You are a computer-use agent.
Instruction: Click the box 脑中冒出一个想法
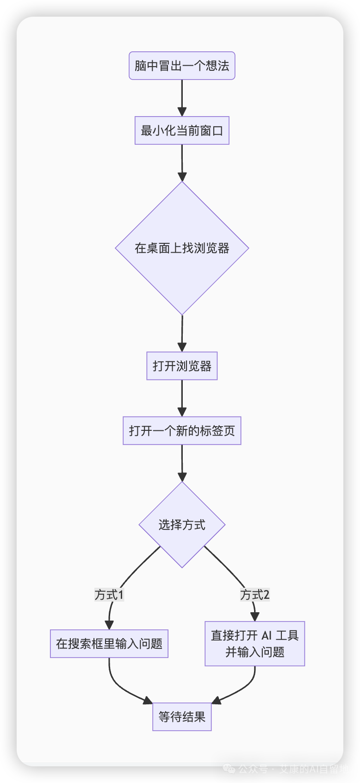(182, 66)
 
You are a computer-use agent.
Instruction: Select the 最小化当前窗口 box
(182, 130)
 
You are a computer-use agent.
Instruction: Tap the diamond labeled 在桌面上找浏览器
(182, 248)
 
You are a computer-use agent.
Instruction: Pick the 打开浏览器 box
(182, 366)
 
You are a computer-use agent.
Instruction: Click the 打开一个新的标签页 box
(182, 431)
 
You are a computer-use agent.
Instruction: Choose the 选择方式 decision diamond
(182, 525)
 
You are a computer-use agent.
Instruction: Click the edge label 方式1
(109, 595)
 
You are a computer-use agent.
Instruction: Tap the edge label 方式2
(254, 595)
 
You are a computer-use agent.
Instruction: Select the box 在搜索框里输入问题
(109, 644)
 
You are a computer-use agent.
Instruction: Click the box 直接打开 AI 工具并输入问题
(254, 644)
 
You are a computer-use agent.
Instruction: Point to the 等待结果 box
(182, 717)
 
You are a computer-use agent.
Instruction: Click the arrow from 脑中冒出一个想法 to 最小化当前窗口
(182, 97)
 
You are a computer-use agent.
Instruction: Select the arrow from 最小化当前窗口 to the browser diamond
(182, 162)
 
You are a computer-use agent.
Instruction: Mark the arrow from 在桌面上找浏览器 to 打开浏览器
(182, 333)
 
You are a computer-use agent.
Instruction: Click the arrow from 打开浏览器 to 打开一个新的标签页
(182, 398)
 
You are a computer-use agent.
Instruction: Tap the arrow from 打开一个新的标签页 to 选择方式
(182, 463)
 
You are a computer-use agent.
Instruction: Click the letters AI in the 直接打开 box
(267, 635)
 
